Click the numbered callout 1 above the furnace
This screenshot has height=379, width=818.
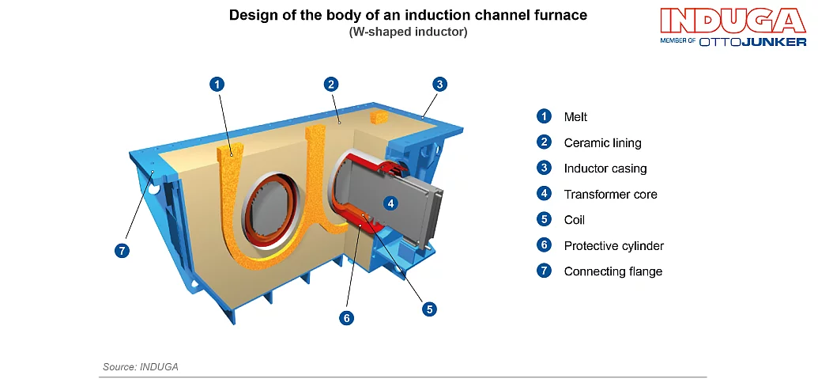pyautogui.click(x=218, y=83)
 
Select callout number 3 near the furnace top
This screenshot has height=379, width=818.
pyautogui.click(x=440, y=84)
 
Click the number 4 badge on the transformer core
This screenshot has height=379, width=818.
pyautogui.click(x=390, y=203)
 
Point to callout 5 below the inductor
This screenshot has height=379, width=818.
pyautogui.click(x=429, y=309)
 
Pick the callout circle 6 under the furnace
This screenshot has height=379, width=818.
pyautogui.click(x=345, y=317)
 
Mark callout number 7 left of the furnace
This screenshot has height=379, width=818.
pyautogui.click(x=121, y=250)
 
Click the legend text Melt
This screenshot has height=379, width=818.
pyautogui.click(x=575, y=117)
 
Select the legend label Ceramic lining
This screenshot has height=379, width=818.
pyautogui.click(x=602, y=143)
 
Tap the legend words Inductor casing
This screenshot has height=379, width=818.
pyautogui.click(x=605, y=169)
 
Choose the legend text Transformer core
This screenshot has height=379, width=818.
pyautogui.click(x=610, y=194)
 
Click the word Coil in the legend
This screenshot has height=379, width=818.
pyautogui.click(x=574, y=220)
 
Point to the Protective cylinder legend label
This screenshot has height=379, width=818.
pyautogui.click(x=613, y=246)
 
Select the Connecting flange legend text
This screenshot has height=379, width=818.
pyautogui.click(x=613, y=271)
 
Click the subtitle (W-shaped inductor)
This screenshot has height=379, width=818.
pyautogui.click(x=408, y=32)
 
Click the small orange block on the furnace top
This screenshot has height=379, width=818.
pyautogui.click(x=380, y=116)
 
